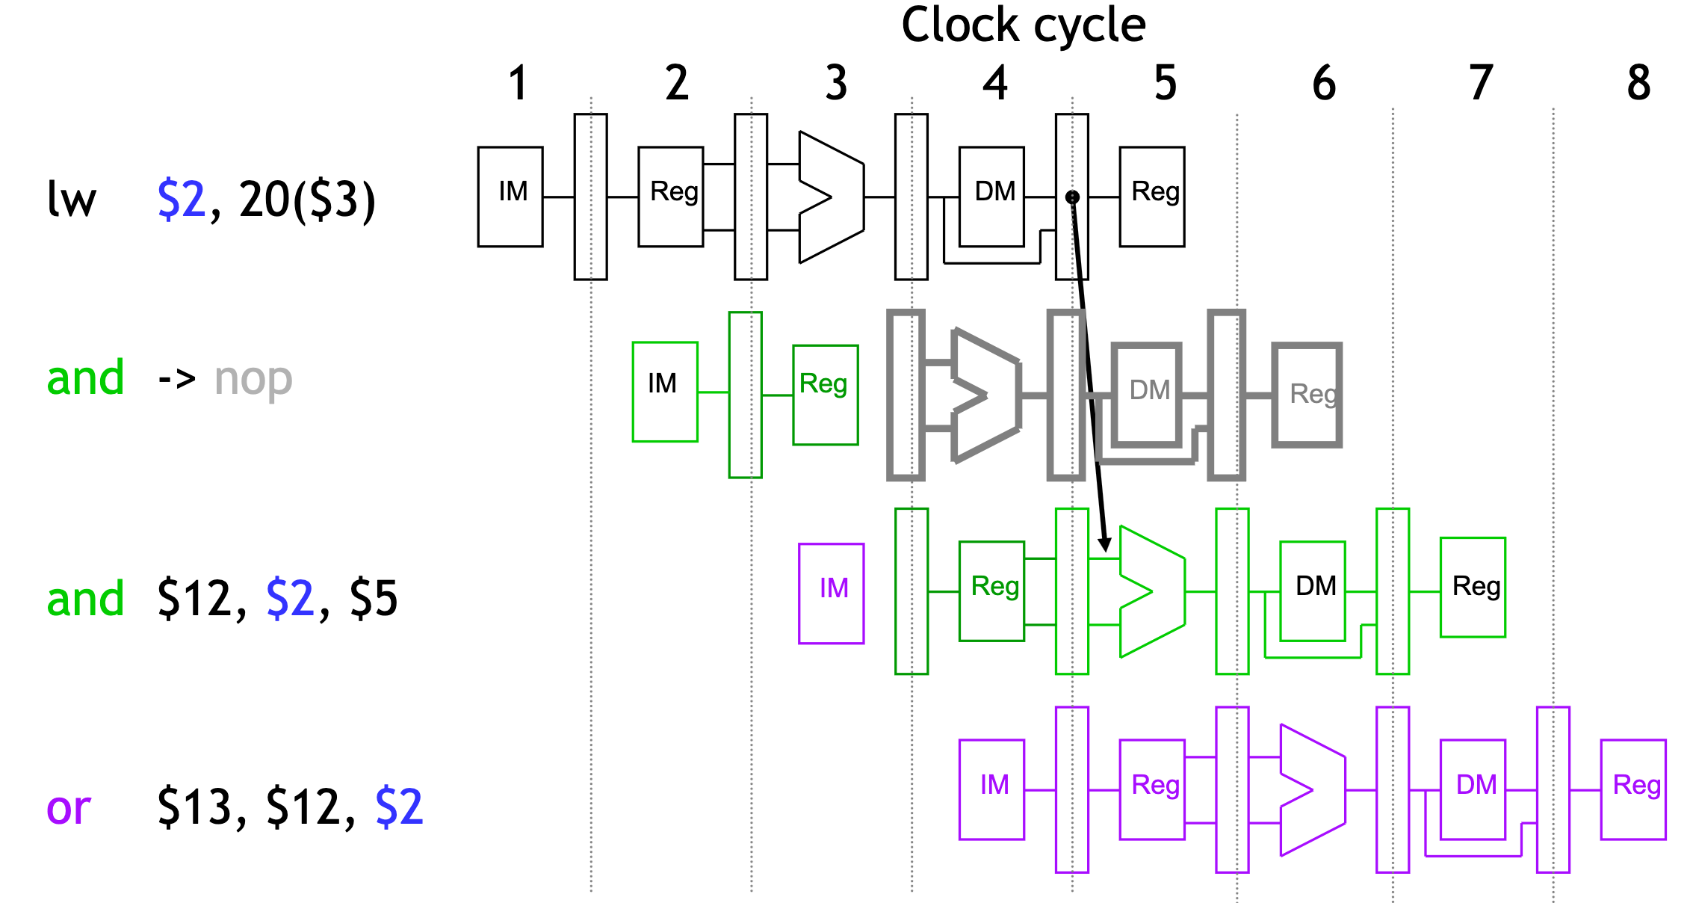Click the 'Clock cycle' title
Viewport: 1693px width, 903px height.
[1023, 25]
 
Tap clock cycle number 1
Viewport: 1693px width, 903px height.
[519, 83]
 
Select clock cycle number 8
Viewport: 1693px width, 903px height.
[1638, 83]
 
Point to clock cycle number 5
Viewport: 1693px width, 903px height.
[1165, 83]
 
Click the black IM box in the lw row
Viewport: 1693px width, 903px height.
[510, 197]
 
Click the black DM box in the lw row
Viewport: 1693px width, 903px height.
[991, 197]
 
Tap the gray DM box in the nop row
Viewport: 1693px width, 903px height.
[1147, 394]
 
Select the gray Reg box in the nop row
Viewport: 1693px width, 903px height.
[1307, 394]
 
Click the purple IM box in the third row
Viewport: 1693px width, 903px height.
[832, 594]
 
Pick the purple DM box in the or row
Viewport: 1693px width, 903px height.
[1473, 789]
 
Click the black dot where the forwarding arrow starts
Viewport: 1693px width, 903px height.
[1072, 197]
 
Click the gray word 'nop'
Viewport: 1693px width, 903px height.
[253, 380]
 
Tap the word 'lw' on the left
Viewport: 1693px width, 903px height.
[72, 200]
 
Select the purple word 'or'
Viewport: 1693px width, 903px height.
[69, 808]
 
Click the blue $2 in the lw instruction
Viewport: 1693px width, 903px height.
[181, 200]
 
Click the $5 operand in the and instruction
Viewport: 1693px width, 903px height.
[374, 599]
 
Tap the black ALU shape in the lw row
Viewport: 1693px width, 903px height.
[829, 197]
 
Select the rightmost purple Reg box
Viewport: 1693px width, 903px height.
[1633, 789]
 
